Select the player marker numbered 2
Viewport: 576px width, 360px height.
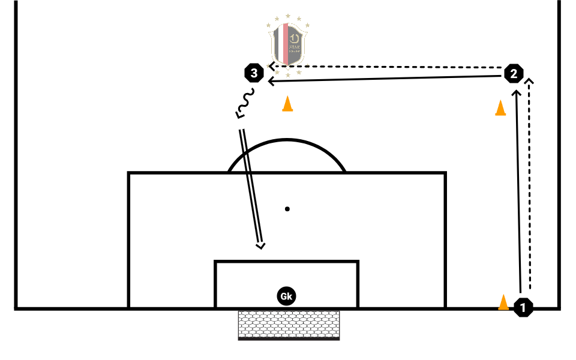pyautogui.click(x=513, y=74)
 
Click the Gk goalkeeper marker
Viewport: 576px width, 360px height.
pyautogui.click(x=286, y=296)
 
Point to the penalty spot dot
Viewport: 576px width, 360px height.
pyautogui.click(x=287, y=209)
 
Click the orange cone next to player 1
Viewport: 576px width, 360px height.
pyautogui.click(x=504, y=303)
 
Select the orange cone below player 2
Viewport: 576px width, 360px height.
pyautogui.click(x=500, y=108)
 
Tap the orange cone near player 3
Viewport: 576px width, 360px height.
pyautogui.click(x=287, y=104)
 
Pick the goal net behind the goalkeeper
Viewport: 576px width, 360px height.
pyautogui.click(x=289, y=325)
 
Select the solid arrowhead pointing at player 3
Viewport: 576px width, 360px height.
pyautogui.click(x=271, y=80)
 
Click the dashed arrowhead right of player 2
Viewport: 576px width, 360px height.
pyautogui.click(x=529, y=80)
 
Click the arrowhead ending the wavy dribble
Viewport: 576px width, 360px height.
pyautogui.click(x=239, y=115)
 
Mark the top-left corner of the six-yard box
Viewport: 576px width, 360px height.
pyautogui.click(x=215, y=262)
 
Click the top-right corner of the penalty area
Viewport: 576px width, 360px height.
pyautogui.click(x=445, y=173)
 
